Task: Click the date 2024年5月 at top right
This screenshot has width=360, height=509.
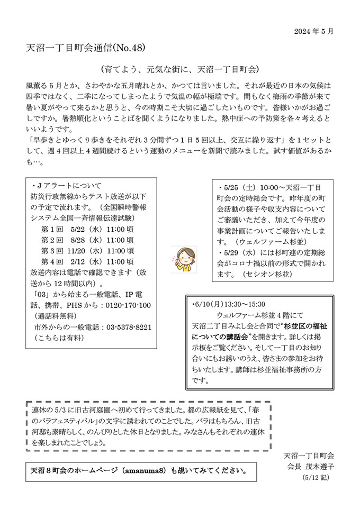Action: tap(314, 31)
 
